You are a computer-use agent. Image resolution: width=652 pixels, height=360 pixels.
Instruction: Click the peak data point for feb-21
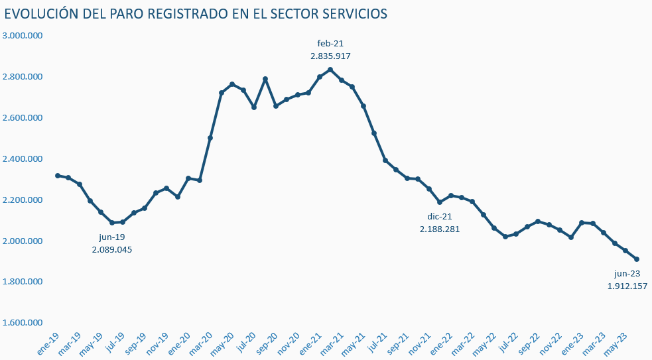pos(330,70)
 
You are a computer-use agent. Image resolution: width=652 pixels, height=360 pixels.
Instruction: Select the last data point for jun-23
pos(636,259)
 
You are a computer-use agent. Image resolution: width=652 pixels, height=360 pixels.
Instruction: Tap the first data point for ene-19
pos(58,176)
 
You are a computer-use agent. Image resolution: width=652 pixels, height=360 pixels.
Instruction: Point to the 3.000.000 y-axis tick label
pos(23,36)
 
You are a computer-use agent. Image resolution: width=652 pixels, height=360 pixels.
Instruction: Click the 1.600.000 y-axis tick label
pos(23,323)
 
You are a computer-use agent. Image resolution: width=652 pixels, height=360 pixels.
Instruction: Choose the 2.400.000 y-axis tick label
pos(23,159)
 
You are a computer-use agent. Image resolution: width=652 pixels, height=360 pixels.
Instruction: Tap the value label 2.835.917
pos(330,56)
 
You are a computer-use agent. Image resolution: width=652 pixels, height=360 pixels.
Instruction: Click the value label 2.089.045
pos(111,250)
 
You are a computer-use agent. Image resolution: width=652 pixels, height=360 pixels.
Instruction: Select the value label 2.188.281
pos(440,229)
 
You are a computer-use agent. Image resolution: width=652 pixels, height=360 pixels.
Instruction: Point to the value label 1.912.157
pos(627,286)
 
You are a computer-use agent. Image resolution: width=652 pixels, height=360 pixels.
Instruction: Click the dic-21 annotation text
pos(440,216)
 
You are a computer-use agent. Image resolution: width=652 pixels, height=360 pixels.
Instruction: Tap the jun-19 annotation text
pos(111,237)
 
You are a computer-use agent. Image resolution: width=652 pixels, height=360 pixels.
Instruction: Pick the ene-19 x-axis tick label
pos(48,343)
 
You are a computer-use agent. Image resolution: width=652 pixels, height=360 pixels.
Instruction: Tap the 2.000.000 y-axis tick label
pos(23,241)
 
